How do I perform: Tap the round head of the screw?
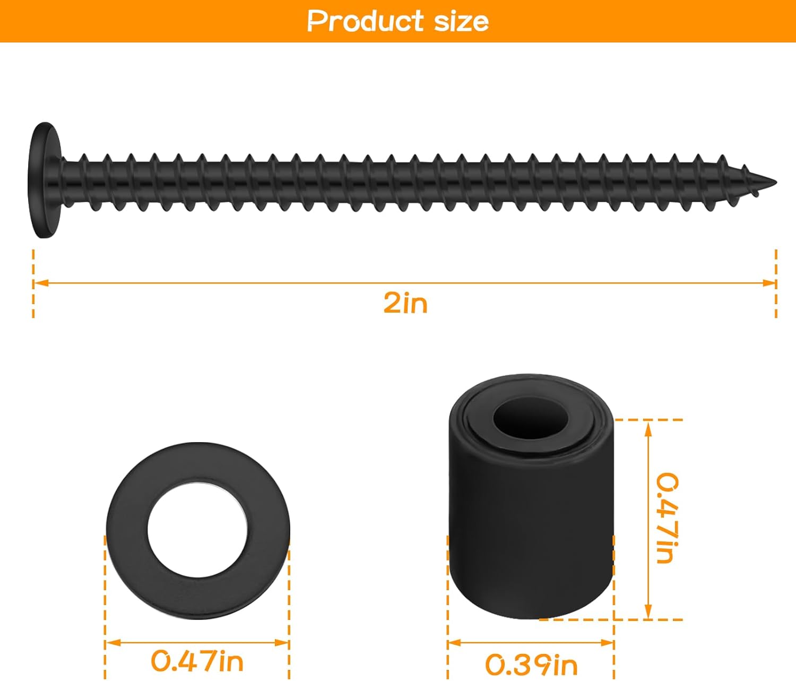pyautogui.click(x=45, y=180)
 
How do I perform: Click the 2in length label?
pyautogui.click(x=405, y=303)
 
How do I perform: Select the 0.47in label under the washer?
pyautogui.click(x=197, y=661)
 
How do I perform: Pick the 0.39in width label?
pyautogui.click(x=531, y=664)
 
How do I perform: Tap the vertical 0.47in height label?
pyautogui.click(x=667, y=518)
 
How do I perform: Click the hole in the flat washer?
pyautogui.click(x=197, y=531)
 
